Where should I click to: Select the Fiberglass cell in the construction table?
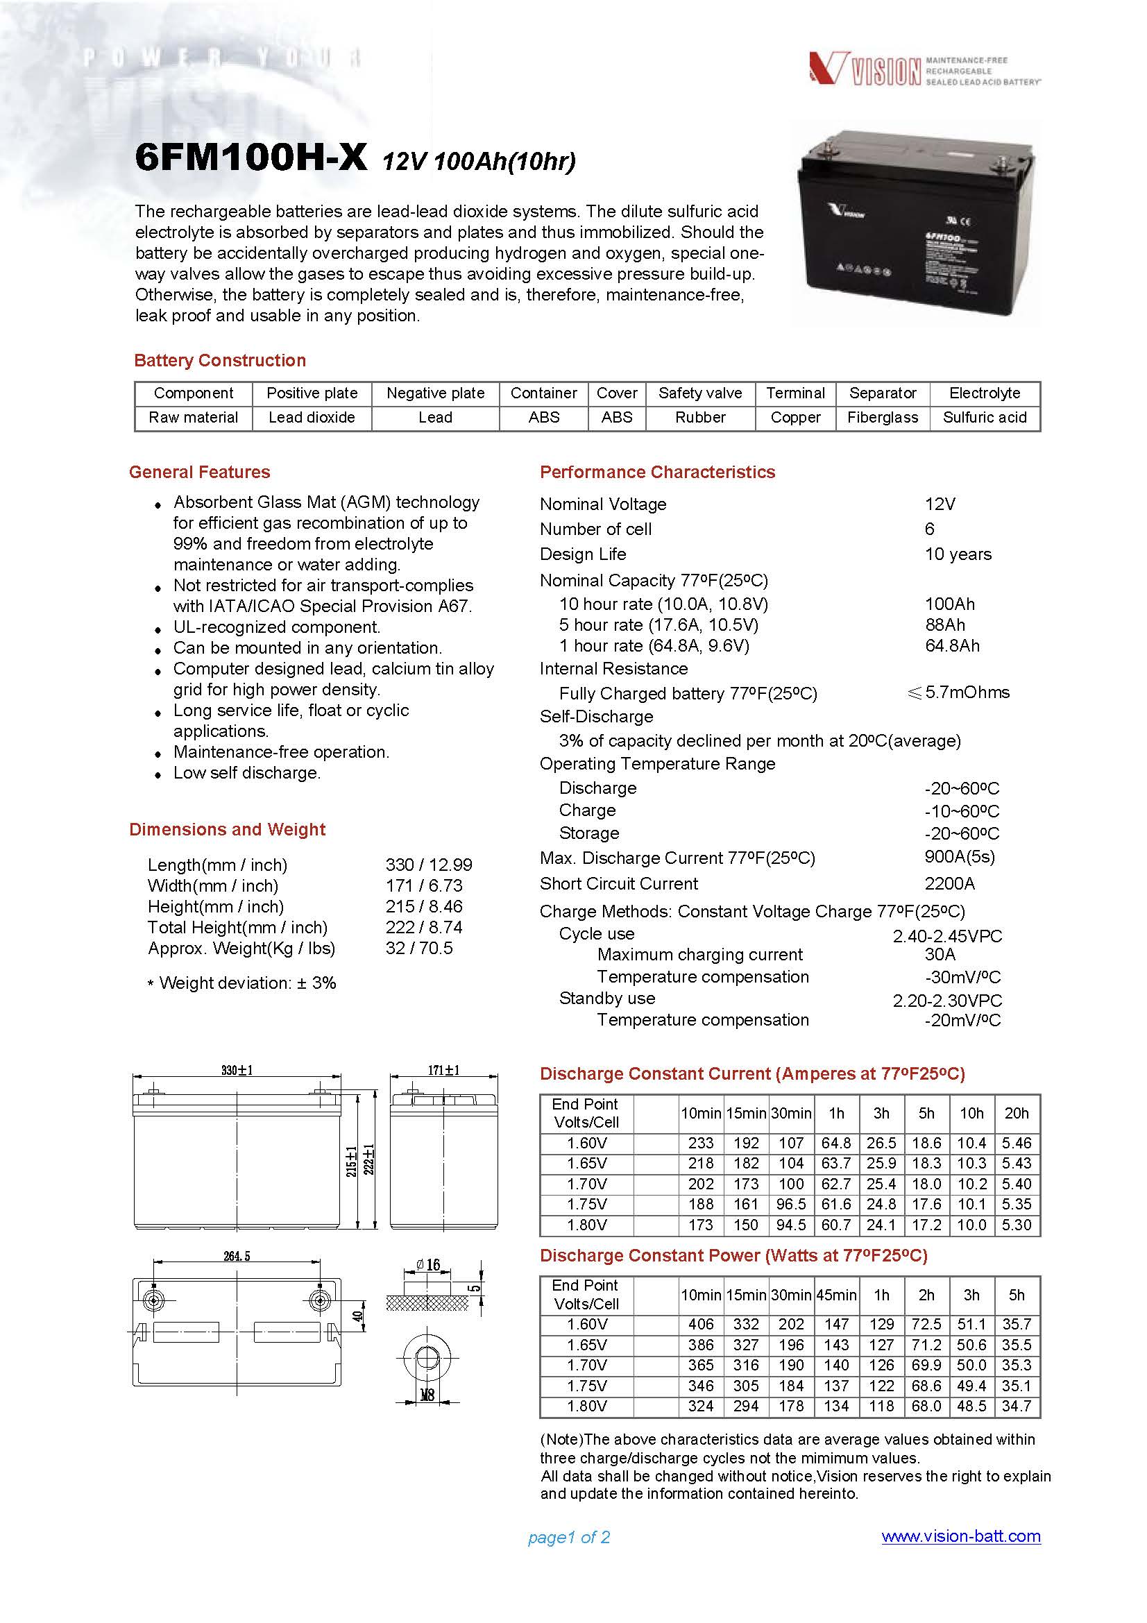[x=882, y=418]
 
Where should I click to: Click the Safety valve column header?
[x=699, y=393]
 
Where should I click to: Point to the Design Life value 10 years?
[x=958, y=554]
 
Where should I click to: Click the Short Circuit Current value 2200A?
[x=949, y=883]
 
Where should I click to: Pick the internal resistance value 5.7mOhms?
[x=966, y=692]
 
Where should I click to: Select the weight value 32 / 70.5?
[x=419, y=948]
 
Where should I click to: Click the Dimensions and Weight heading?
[x=227, y=829]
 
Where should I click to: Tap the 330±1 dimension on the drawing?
[x=237, y=1070]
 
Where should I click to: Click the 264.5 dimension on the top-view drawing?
[x=237, y=1256]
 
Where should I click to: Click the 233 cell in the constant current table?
[x=700, y=1143]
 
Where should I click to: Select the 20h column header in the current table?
[x=1017, y=1113]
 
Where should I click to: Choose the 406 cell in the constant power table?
[x=700, y=1324]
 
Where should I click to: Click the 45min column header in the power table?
[x=836, y=1295]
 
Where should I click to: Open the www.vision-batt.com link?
[x=960, y=1536]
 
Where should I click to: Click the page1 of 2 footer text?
[x=568, y=1537]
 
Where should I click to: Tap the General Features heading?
[x=199, y=473]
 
